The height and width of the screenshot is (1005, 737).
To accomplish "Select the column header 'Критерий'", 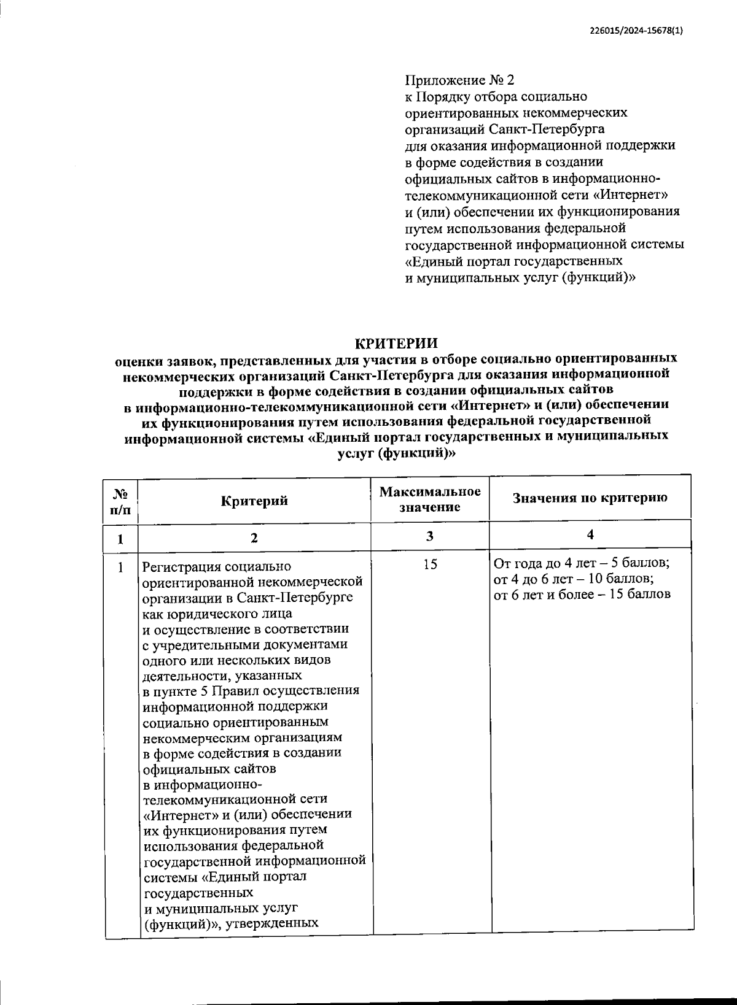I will pos(254,501).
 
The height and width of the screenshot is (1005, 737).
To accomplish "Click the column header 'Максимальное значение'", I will pos(429,499).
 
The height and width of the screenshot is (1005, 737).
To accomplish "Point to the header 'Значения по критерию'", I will pos(590,498).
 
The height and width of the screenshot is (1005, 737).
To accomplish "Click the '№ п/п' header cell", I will pos(120,501).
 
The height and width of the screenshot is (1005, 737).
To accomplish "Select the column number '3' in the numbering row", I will pos(430,536).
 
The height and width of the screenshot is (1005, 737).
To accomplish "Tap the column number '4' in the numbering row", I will pos(590,534).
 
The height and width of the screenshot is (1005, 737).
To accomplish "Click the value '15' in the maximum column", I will pos(430,564).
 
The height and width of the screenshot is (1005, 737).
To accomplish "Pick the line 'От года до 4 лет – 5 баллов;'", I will pos(581,563).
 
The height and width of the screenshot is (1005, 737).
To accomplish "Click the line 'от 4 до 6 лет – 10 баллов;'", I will pos(573,579).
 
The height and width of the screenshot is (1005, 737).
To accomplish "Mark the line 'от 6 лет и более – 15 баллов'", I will pos(582,595).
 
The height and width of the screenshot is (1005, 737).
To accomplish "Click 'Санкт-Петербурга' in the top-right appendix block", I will pos(547,129).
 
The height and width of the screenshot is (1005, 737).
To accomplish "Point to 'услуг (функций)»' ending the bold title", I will pos(397,453).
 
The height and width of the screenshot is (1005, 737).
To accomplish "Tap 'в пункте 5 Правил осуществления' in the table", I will pos(251,691).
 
